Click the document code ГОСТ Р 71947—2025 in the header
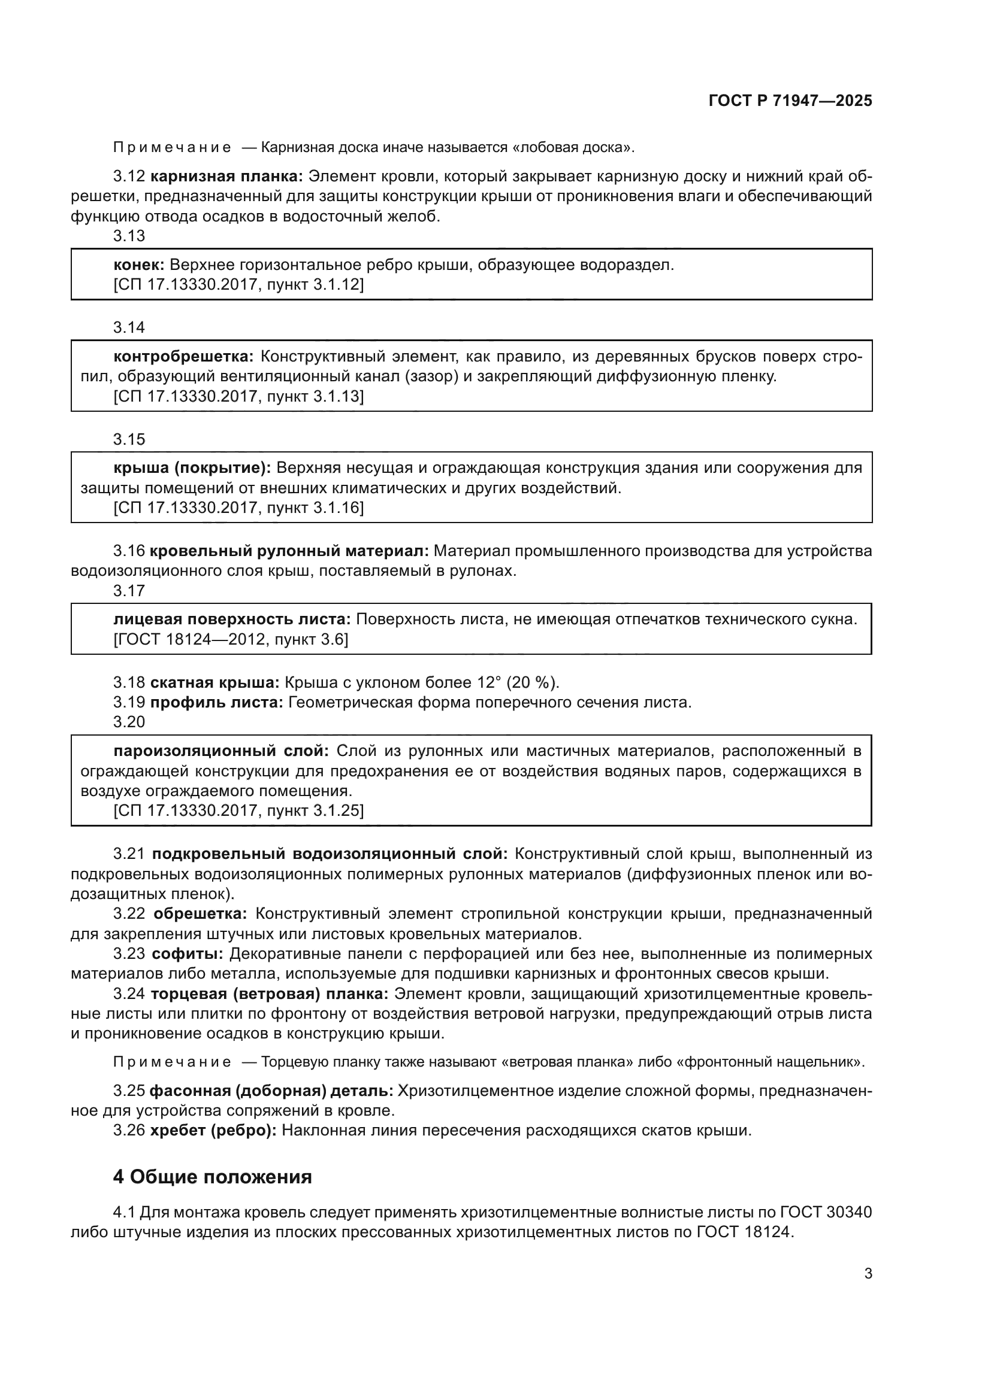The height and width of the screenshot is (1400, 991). click(790, 101)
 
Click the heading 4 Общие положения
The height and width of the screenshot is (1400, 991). click(212, 1176)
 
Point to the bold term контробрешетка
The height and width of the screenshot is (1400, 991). click(183, 356)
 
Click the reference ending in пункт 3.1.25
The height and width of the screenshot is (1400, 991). click(238, 810)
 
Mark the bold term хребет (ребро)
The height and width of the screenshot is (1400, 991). click(213, 1131)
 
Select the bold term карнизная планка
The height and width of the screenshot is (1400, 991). click(226, 177)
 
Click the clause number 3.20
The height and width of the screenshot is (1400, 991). click(129, 722)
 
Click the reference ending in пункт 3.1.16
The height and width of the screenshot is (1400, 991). click(238, 508)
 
